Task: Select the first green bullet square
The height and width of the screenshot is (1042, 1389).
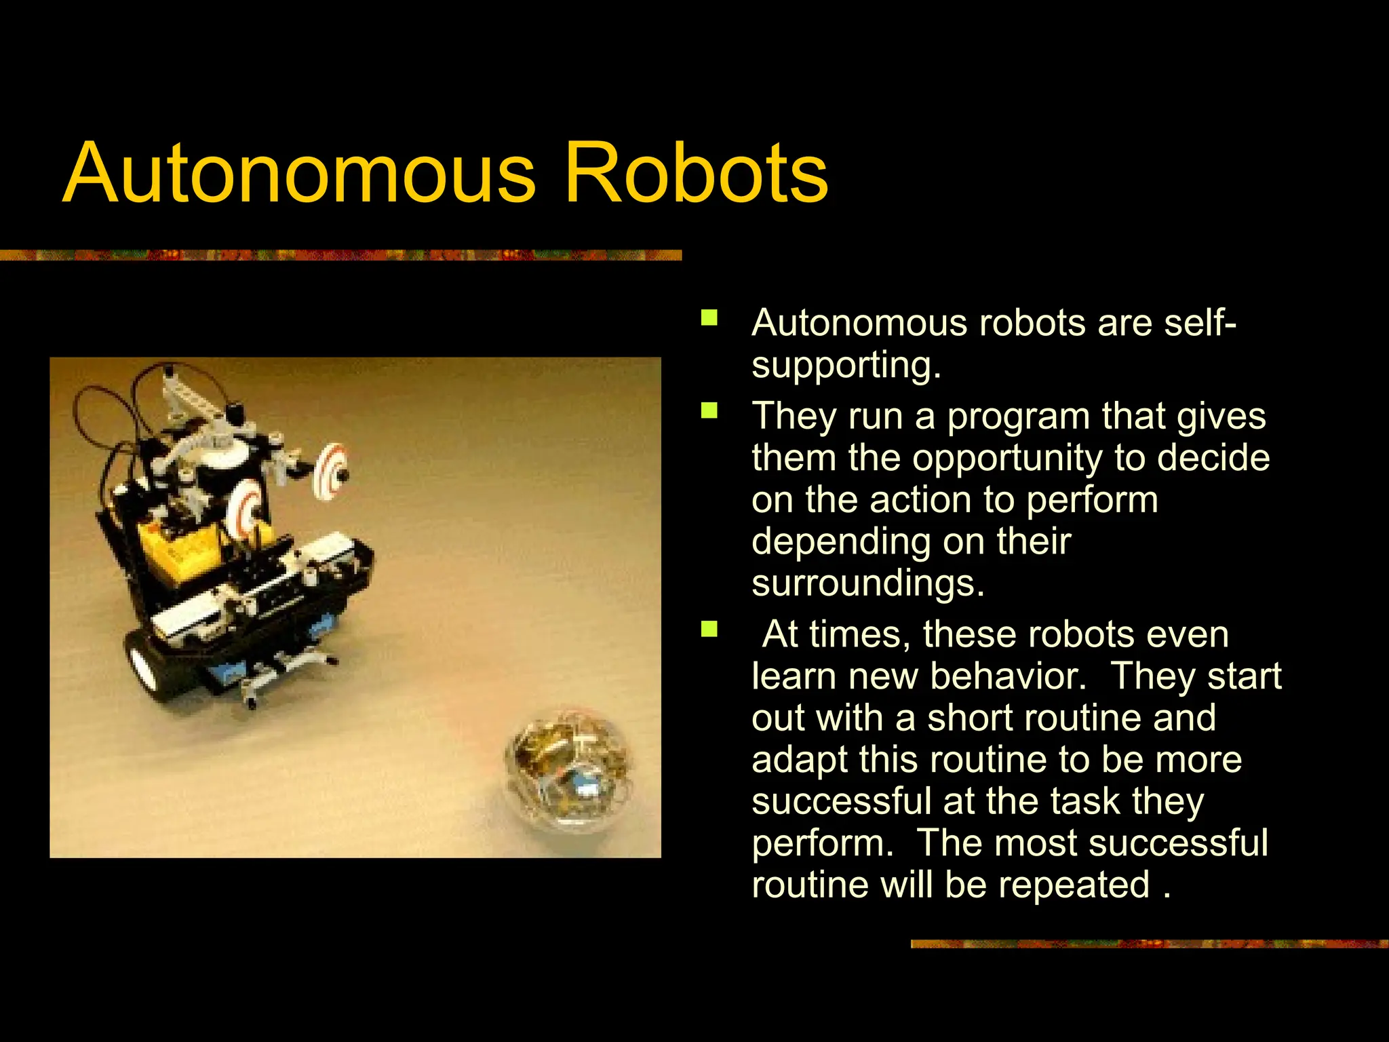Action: tap(709, 317)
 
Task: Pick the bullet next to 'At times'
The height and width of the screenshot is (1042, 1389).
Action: tap(709, 630)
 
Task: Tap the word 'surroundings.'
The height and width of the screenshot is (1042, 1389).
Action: tap(868, 583)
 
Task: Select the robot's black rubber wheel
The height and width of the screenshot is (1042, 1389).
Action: tap(146, 665)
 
